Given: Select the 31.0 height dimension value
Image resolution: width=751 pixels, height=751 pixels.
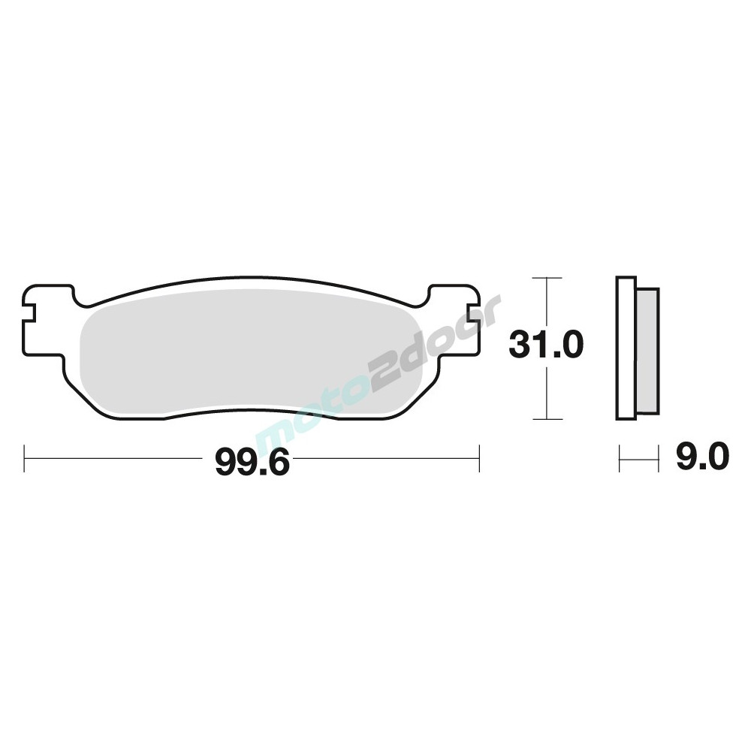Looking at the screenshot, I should (x=545, y=345).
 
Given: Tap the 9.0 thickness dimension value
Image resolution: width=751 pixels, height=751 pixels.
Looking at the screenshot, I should (x=702, y=457).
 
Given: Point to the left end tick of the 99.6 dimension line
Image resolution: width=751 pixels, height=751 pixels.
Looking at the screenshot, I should (x=25, y=458).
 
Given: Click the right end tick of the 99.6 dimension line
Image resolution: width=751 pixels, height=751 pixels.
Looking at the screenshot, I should (x=479, y=458).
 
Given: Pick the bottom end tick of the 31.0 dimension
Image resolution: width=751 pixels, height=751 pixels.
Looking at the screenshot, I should (x=547, y=418).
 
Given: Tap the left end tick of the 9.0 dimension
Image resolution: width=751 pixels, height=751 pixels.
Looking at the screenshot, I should (x=620, y=458).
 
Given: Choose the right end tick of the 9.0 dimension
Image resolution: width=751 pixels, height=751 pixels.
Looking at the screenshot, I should (x=659, y=458).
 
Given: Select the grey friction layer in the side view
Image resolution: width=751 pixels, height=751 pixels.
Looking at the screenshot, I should (x=647, y=350).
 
